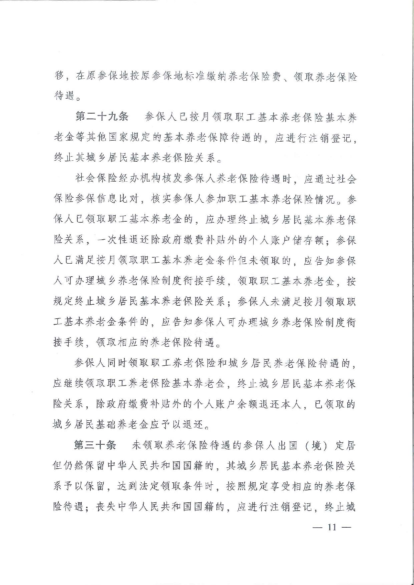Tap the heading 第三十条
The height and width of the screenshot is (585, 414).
click(x=95, y=445)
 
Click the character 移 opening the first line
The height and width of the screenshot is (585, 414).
click(x=59, y=76)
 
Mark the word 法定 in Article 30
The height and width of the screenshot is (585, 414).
click(x=148, y=486)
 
